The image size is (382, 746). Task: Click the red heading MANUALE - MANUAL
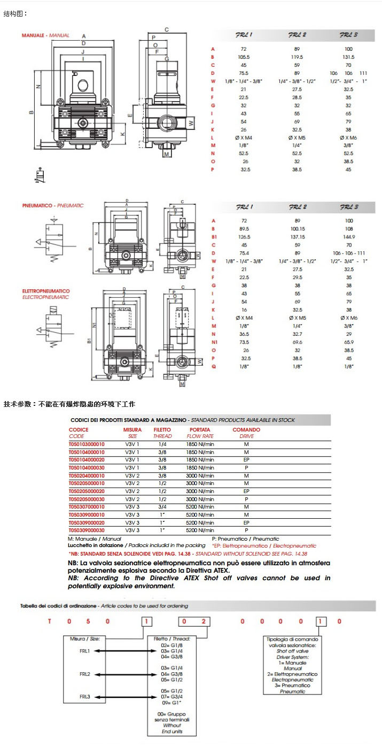45,35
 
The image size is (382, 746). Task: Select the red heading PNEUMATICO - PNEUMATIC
53,205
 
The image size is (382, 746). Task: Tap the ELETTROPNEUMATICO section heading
46,291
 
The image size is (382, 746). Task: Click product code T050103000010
87,444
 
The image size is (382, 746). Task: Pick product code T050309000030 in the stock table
87,530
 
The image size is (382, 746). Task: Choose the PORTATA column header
200,429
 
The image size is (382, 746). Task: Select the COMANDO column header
246,429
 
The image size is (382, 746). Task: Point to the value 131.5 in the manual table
348,56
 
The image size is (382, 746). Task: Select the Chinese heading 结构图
15,13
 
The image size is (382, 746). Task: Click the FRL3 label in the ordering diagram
84,696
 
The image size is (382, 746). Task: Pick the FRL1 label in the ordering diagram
84,651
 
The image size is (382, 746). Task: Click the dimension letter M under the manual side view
167,154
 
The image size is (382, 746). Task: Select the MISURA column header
132,429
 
